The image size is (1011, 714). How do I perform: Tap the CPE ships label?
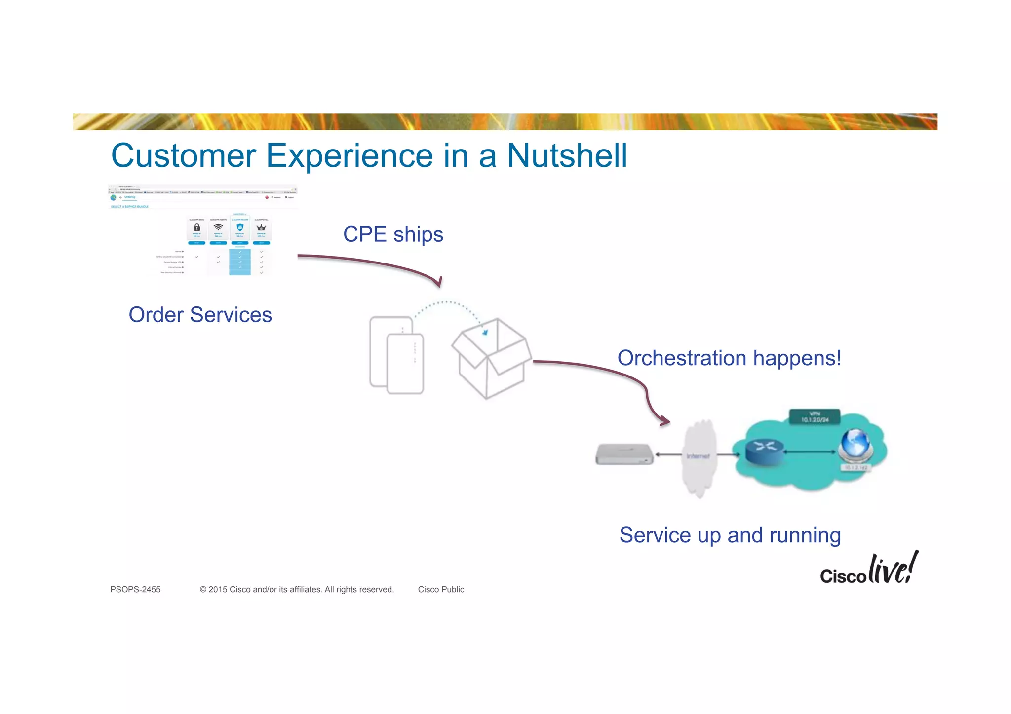[x=393, y=234]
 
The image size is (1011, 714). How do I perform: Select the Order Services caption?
[x=200, y=315]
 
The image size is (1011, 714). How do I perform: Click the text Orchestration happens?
[x=729, y=358]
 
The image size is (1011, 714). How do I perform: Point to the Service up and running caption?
[x=730, y=535]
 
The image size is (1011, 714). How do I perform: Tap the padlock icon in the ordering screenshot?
[x=196, y=227]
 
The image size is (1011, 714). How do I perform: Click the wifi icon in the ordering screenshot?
[x=218, y=227]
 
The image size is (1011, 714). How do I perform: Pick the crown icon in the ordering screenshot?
[x=261, y=227]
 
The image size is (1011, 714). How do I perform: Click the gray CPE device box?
[x=624, y=454]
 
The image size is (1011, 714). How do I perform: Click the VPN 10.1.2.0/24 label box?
[x=815, y=416]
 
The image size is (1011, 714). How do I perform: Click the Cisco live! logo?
[x=869, y=570]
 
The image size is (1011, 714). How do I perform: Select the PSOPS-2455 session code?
[x=135, y=590]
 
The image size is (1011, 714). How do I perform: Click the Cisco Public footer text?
[x=441, y=590]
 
